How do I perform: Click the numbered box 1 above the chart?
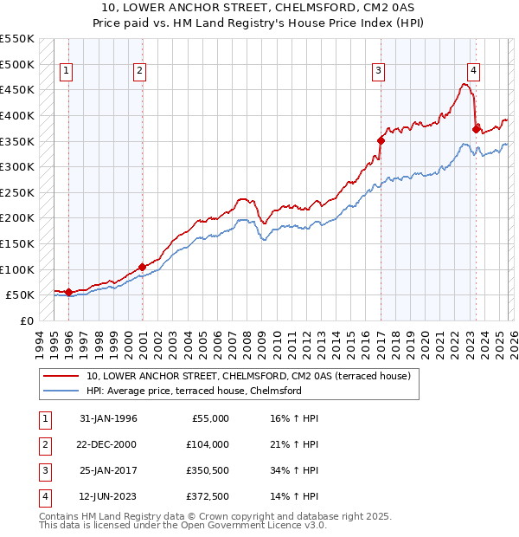click(67, 72)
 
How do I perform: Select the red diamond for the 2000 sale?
click(142, 267)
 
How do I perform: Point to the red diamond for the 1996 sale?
click(68, 292)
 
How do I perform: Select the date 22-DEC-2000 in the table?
click(108, 444)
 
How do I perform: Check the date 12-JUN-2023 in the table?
click(108, 496)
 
